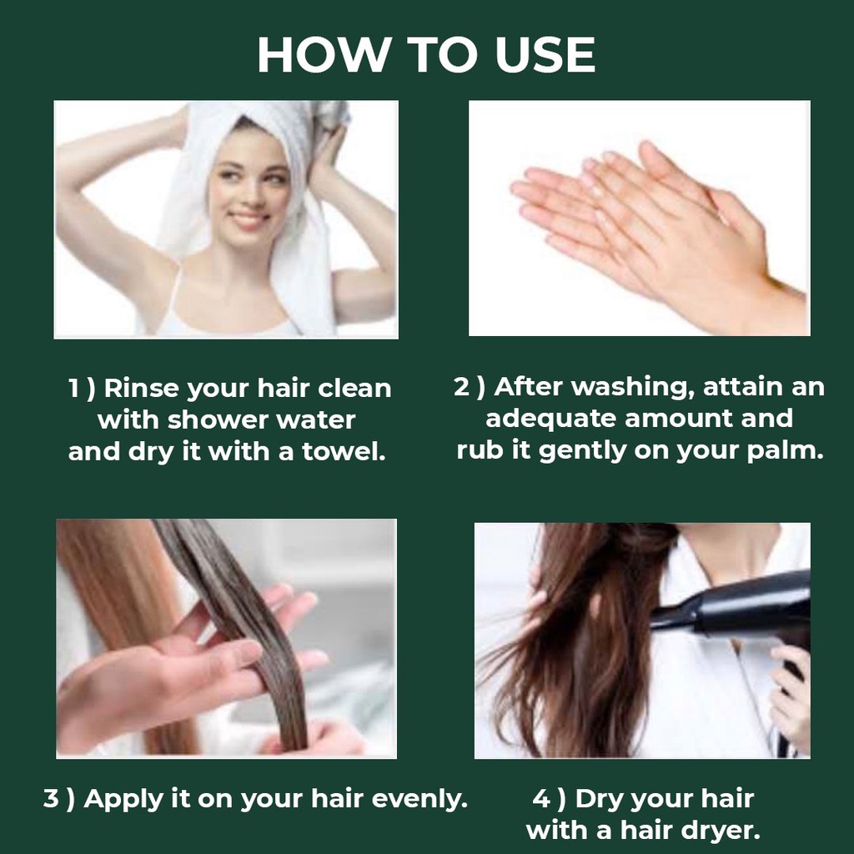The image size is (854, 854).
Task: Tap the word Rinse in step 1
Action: [x=141, y=389]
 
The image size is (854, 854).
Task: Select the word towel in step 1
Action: [x=344, y=451]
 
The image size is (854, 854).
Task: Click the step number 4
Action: [x=541, y=800]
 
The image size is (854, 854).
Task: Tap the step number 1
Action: [x=73, y=389]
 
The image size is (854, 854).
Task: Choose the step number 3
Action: [x=51, y=800]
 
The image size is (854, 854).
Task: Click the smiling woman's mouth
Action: [x=247, y=219]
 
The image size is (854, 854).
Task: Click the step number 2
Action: [x=461, y=387]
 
